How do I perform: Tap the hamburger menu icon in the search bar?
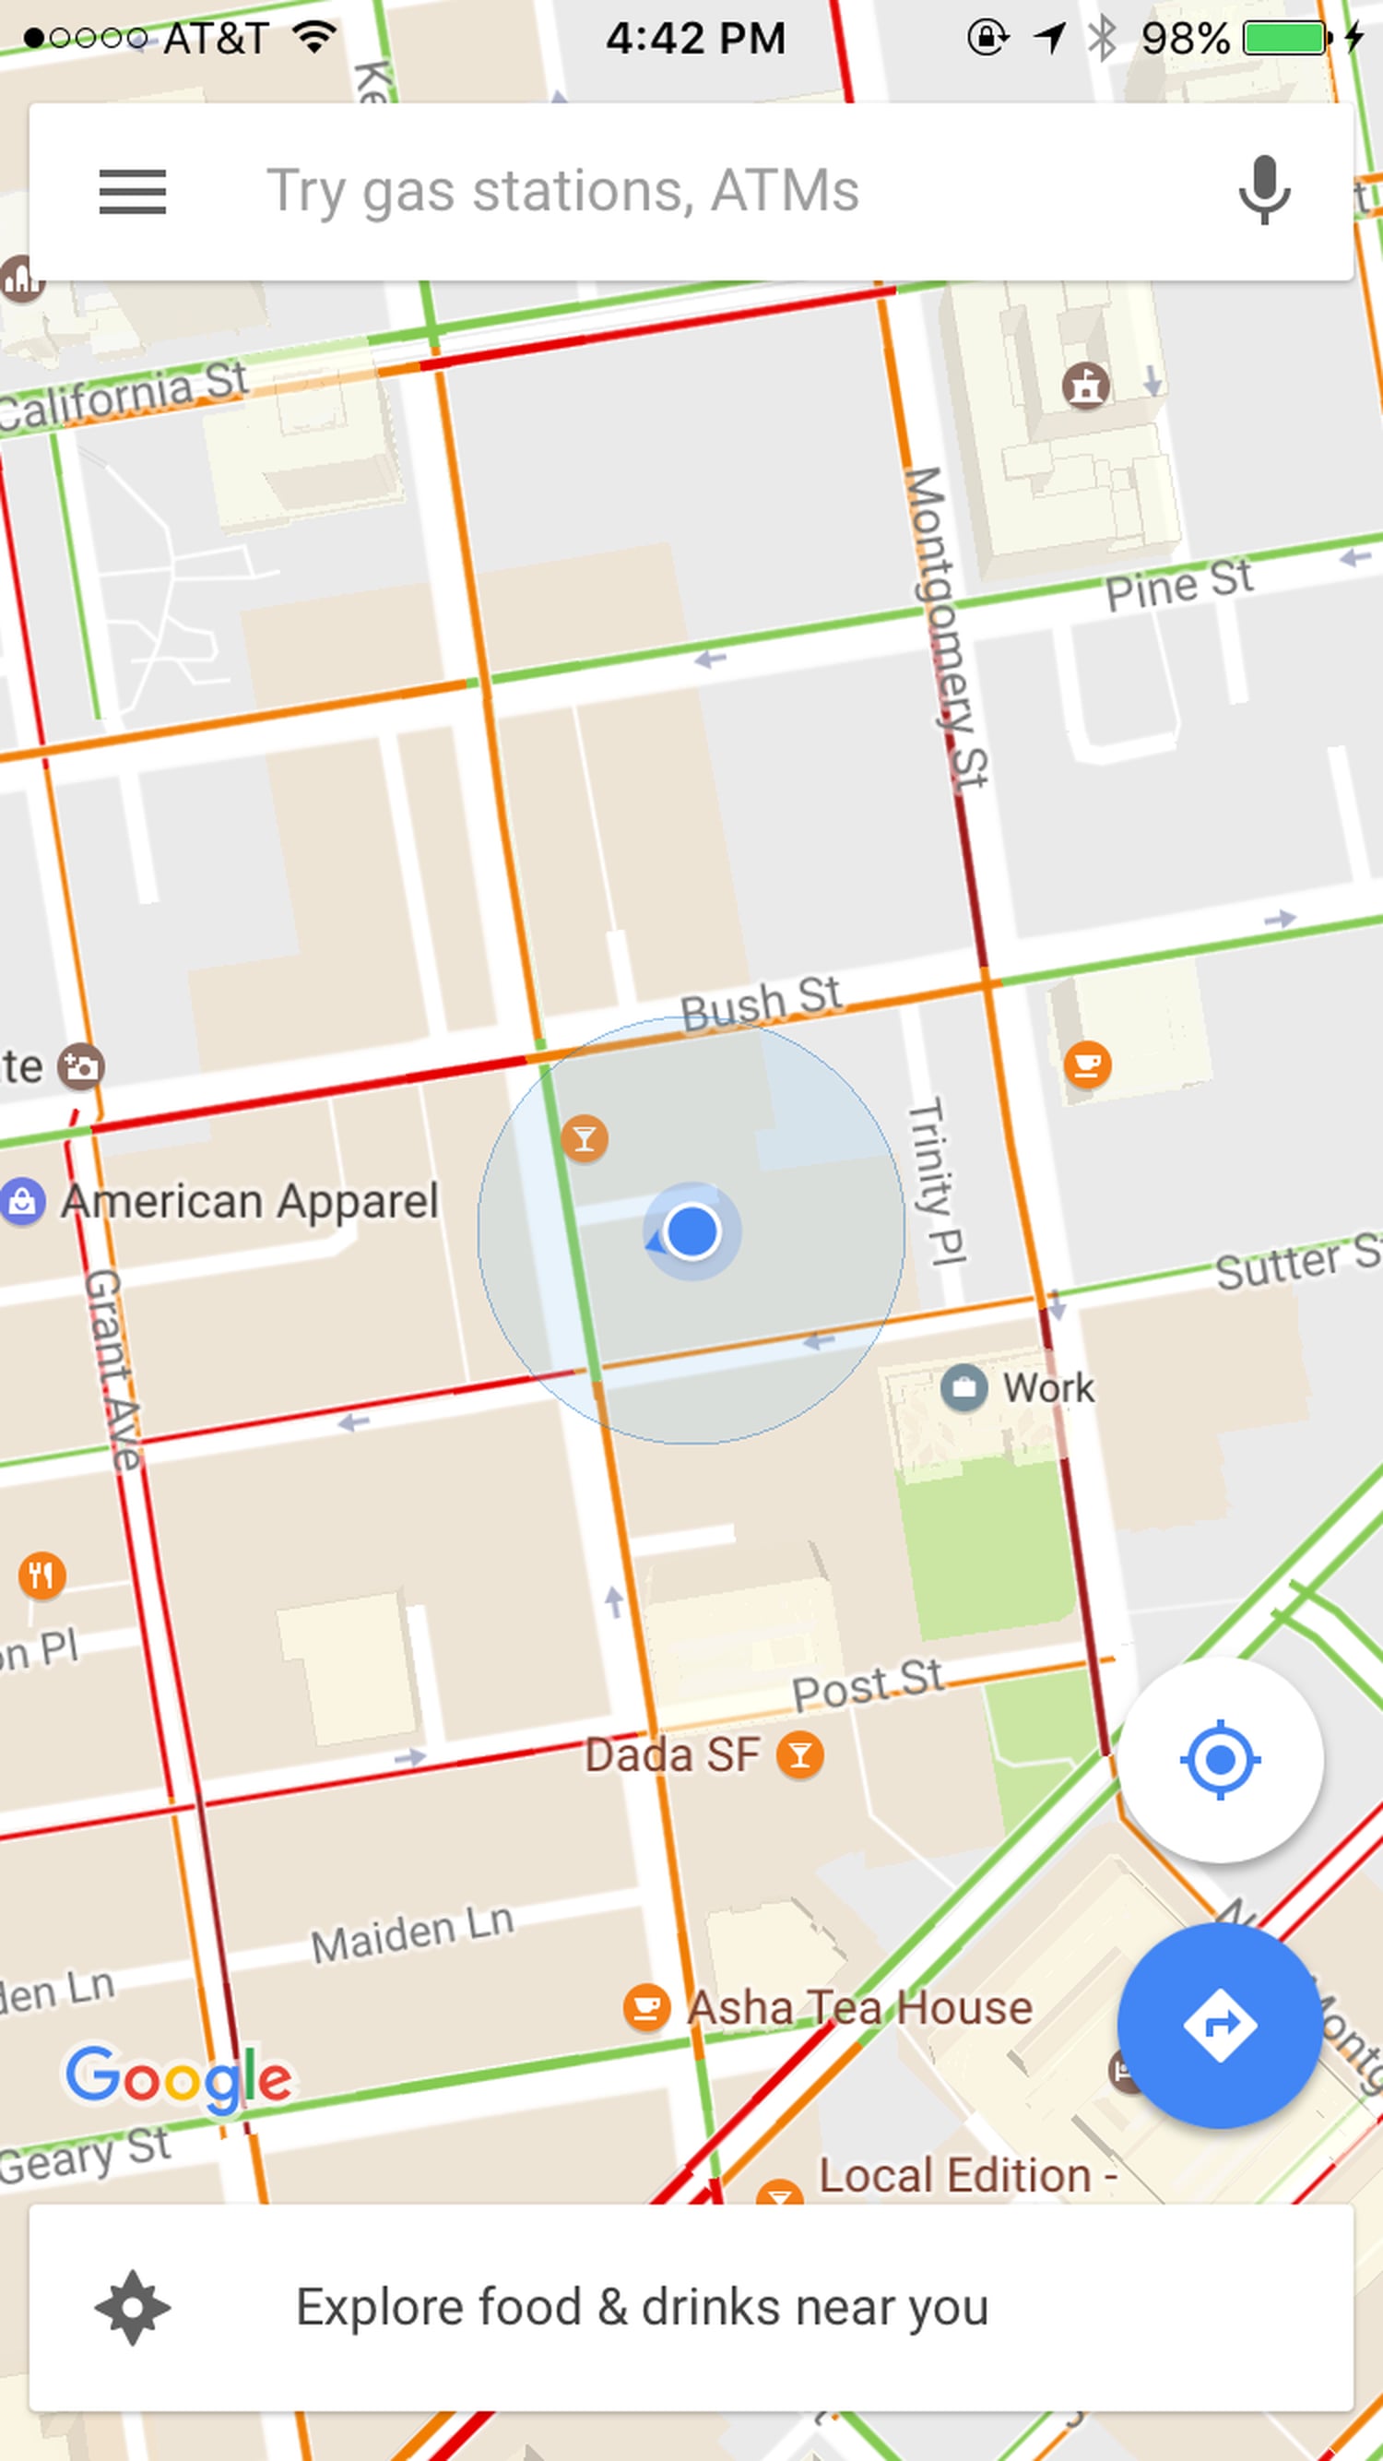(x=133, y=191)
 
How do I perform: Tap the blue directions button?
(x=1219, y=2025)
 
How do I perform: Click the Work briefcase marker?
(x=963, y=1387)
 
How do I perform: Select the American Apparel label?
(x=249, y=1201)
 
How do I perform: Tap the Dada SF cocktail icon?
(x=800, y=1755)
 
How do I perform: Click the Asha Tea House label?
(x=859, y=2007)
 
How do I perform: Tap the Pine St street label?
(x=1178, y=584)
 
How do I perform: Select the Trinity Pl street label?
(x=937, y=1181)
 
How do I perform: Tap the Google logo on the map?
(x=179, y=2078)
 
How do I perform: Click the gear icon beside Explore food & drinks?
(x=133, y=2307)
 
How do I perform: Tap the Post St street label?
(x=868, y=1685)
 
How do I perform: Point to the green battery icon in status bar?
(x=1285, y=38)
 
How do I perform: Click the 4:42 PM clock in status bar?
(x=695, y=38)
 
